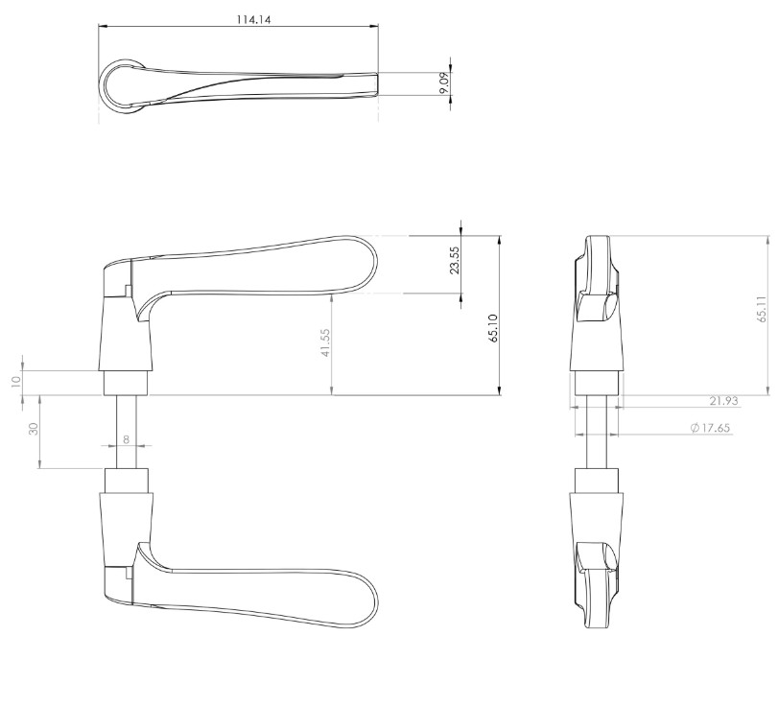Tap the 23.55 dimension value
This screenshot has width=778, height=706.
455,261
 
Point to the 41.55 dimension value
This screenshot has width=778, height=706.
325,342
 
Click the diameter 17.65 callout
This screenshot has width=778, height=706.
711,428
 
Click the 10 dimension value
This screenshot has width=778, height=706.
15,381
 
